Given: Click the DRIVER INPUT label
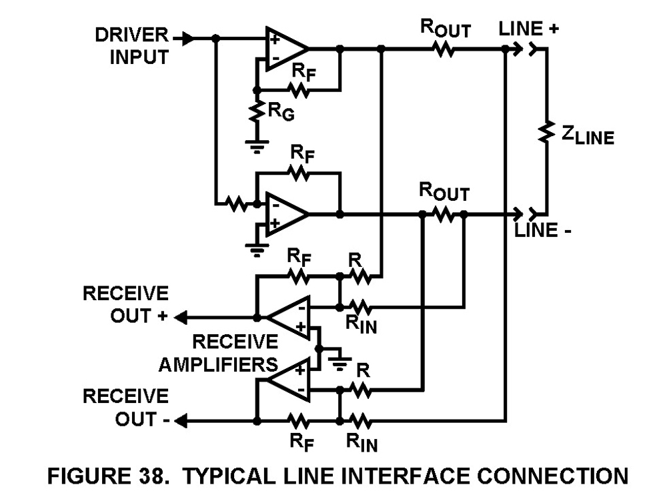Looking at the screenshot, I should (x=131, y=46).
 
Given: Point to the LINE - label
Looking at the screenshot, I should (x=541, y=231).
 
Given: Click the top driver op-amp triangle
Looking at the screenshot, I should (x=285, y=49).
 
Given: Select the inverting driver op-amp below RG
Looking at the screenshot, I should (x=285, y=214).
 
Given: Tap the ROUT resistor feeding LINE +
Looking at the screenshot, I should (x=444, y=49).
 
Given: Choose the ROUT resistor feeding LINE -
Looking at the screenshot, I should (x=443, y=214).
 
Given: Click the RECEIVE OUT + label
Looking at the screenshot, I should (x=125, y=304).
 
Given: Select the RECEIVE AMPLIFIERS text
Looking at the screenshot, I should (x=235, y=353).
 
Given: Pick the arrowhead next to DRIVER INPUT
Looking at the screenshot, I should (x=189, y=39).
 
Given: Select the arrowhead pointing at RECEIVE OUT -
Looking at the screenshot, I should (x=181, y=421).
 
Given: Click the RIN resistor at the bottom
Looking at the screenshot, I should (x=360, y=421).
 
